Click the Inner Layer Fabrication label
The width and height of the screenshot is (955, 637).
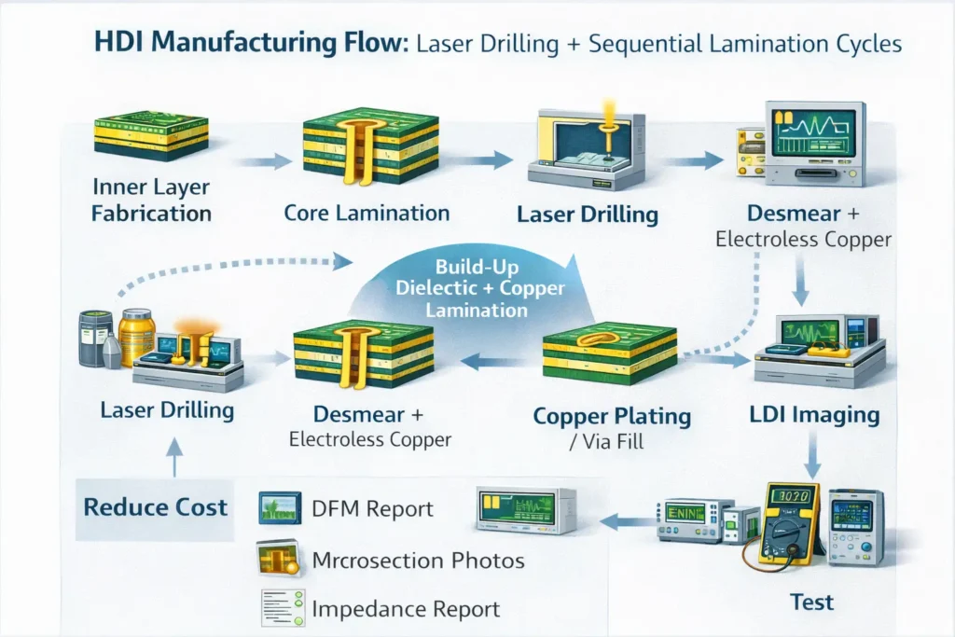pos(152,199)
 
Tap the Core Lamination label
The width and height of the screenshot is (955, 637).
pos(367,213)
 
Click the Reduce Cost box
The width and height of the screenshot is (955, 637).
pos(156,508)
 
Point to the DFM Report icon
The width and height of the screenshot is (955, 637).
pos(279,508)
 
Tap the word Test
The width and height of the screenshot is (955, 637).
pos(811,602)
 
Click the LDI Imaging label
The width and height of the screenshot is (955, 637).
pos(815,415)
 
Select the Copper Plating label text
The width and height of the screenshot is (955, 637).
pos(612,416)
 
